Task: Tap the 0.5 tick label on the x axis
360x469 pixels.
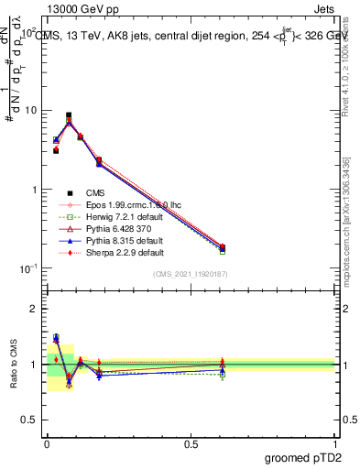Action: [x=191, y=444]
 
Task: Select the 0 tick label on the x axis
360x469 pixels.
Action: [x=47, y=444]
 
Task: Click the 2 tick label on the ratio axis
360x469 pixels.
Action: [x=33, y=309]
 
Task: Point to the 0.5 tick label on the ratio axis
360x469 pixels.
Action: [x=28, y=420]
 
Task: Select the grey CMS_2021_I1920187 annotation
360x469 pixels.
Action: [x=191, y=274]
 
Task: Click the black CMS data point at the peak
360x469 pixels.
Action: [x=69, y=115]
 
